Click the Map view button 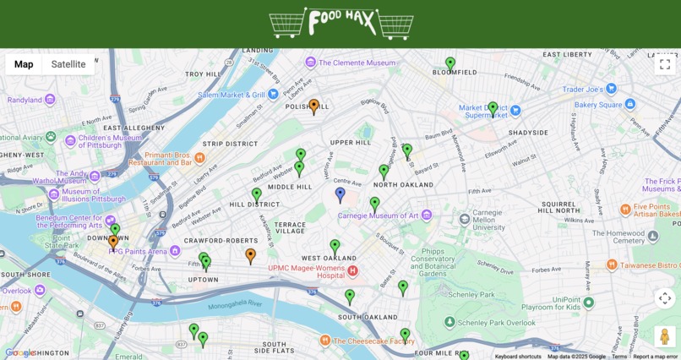pos(24,64)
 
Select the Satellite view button pos(68,64)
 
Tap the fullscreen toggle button pos(665,64)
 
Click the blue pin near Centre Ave pos(340,194)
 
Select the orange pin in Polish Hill pos(313,106)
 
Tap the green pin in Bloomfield pos(450,63)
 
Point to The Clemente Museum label pos(356,63)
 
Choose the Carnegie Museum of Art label pos(378,215)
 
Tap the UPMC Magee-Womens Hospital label pos(307,271)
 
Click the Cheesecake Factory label pos(373,341)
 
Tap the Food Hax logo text pos(340,23)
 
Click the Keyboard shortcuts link pos(518,357)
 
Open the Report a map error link pos(656,357)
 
